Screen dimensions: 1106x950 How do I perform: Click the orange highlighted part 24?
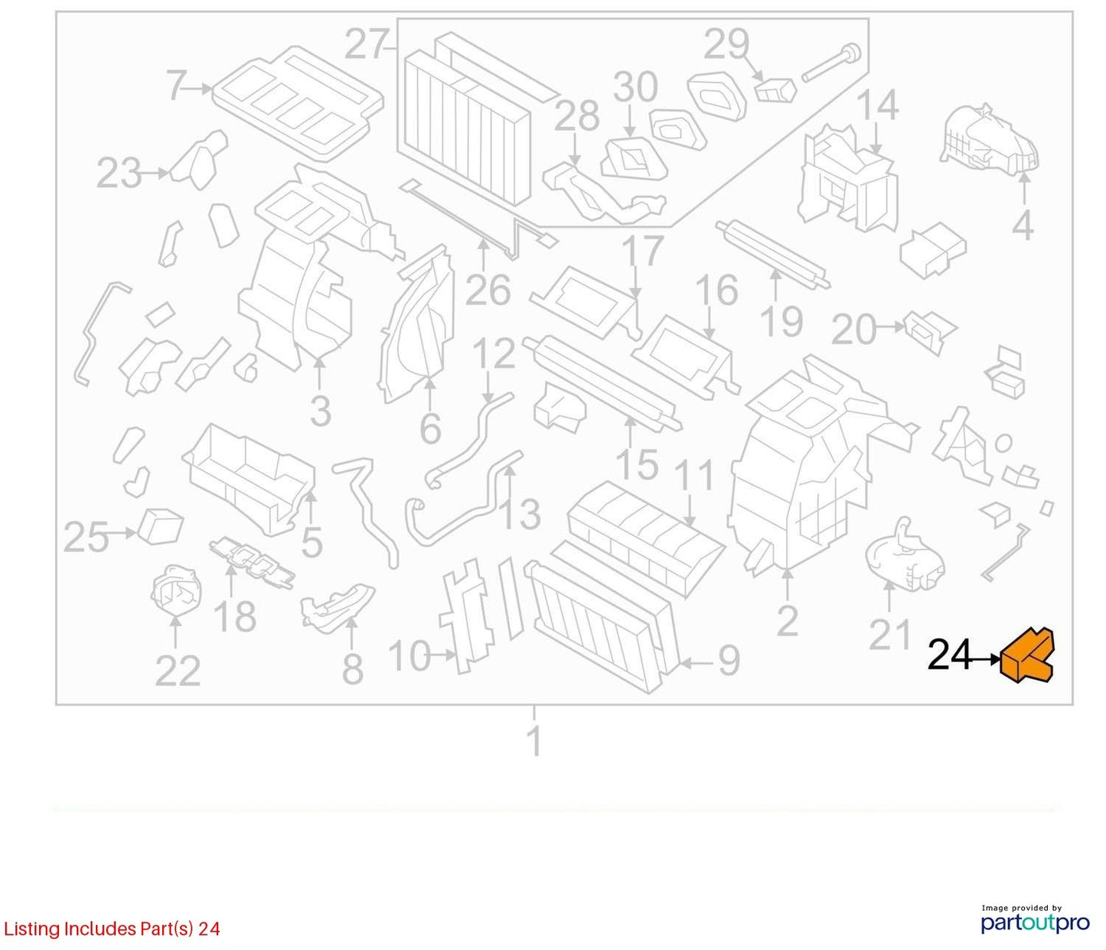pyautogui.click(x=1026, y=656)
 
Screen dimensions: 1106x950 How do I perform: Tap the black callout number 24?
pyautogui.click(x=949, y=656)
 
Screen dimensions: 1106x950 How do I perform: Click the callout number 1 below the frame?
pyautogui.click(x=534, y=741)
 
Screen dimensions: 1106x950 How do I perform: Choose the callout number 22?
pyautogui.click(x=178, y=671)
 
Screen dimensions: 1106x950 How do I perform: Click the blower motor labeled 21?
pyautogui.click(x=905, y=556)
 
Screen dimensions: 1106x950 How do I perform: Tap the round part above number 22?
pyautogui.click(x=176, y=590)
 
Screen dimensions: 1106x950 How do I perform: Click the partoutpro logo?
pyautogui.click(x=1036, y=922)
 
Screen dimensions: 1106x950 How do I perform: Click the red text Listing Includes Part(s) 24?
pyautogui.click(x=112, y=929)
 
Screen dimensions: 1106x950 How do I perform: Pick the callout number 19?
pyautogui.click(x=781, y=321)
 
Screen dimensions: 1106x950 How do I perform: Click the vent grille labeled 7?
pyautogui.click(x=298, y=104)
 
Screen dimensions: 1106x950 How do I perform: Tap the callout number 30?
pyautogui.click(x=636, y=87)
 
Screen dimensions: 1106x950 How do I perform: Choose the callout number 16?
pyautogui.click(x=717, y=289)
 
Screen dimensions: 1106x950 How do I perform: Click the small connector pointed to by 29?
pyautogui.click(x=776, y=90)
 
